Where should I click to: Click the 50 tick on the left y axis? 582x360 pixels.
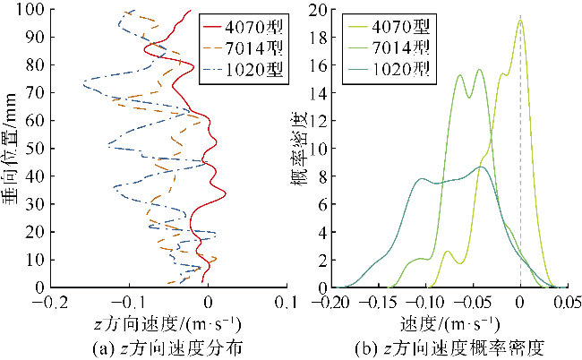[x=37, y=149]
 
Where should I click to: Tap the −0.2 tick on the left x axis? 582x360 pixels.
[x=54, y=302]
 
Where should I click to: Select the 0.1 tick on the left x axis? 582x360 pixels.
[x=286, y=302]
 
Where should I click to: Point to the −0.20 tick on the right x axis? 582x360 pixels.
[x=335, y=302]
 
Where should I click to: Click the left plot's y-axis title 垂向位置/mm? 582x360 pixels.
[x=12, y=148]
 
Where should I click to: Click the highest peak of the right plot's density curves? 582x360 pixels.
[x=520, y=21]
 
